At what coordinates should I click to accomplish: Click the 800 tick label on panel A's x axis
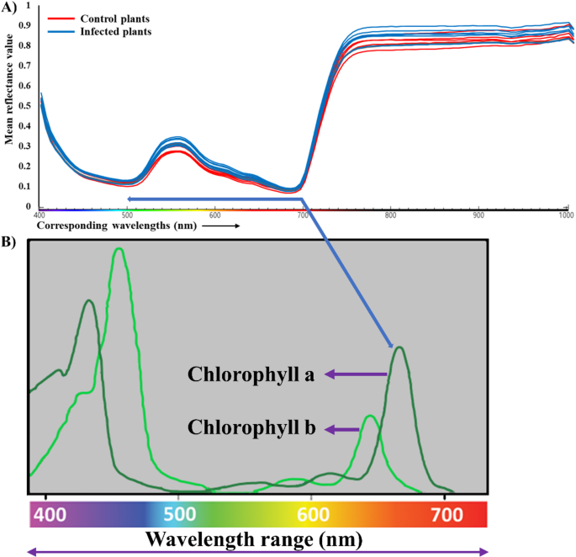[x=390, y=215]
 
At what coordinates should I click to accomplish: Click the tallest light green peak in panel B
[x=119, y=249]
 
